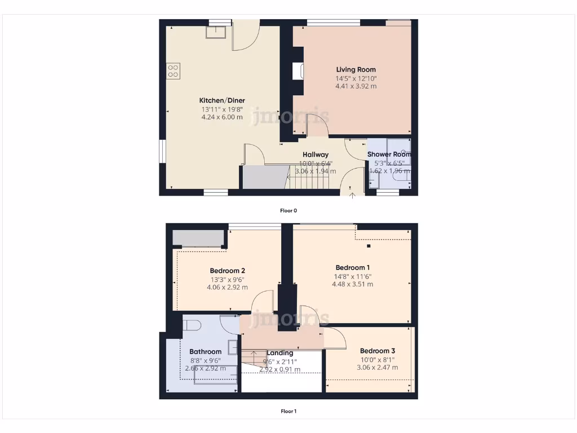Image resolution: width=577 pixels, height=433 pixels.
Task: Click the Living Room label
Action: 356,70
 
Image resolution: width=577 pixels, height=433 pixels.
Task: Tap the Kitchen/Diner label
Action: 222,100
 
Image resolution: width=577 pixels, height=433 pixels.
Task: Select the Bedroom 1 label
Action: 353,267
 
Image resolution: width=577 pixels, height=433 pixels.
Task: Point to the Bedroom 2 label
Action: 227,270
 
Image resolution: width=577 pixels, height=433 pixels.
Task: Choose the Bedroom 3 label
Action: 378,351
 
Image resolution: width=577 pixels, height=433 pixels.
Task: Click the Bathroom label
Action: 205,352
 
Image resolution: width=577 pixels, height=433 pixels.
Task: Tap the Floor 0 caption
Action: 288,211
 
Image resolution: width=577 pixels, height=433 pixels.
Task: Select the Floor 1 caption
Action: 288,412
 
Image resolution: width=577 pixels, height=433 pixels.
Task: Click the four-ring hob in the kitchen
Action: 173,70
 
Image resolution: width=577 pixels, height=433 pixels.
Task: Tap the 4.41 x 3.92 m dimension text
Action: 356,87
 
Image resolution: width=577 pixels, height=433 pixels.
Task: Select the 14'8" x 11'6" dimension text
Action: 353,276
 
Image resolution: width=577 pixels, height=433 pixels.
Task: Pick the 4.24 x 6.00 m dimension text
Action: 222,117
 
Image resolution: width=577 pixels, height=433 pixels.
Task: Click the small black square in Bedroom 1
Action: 369,246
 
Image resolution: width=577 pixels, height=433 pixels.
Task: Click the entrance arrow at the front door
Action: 353,195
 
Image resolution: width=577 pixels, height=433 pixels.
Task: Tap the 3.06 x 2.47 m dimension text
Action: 378,368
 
